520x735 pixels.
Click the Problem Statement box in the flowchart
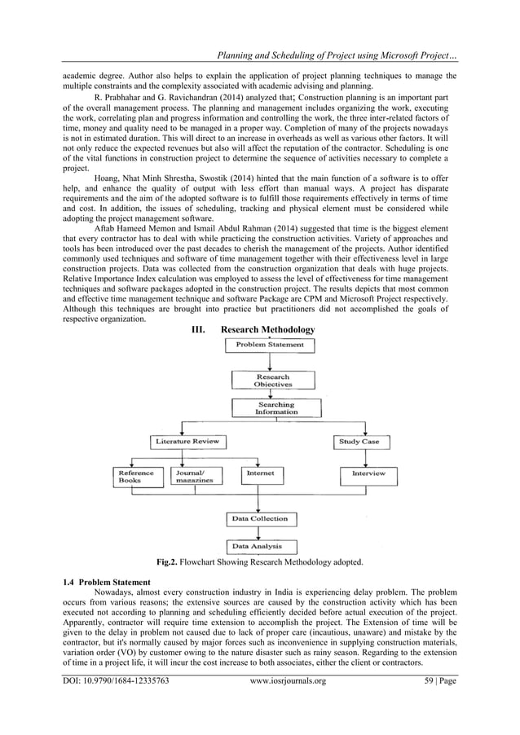[270, 345]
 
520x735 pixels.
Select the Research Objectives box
[272, 381]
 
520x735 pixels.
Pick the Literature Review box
[187, 442]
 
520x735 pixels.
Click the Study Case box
[359, 442]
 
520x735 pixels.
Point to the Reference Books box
[136, 476]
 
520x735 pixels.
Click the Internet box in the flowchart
[261, 473]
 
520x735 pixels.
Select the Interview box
[368, 473]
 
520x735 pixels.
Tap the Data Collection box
[260, 518]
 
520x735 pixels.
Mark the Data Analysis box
[260, 546]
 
